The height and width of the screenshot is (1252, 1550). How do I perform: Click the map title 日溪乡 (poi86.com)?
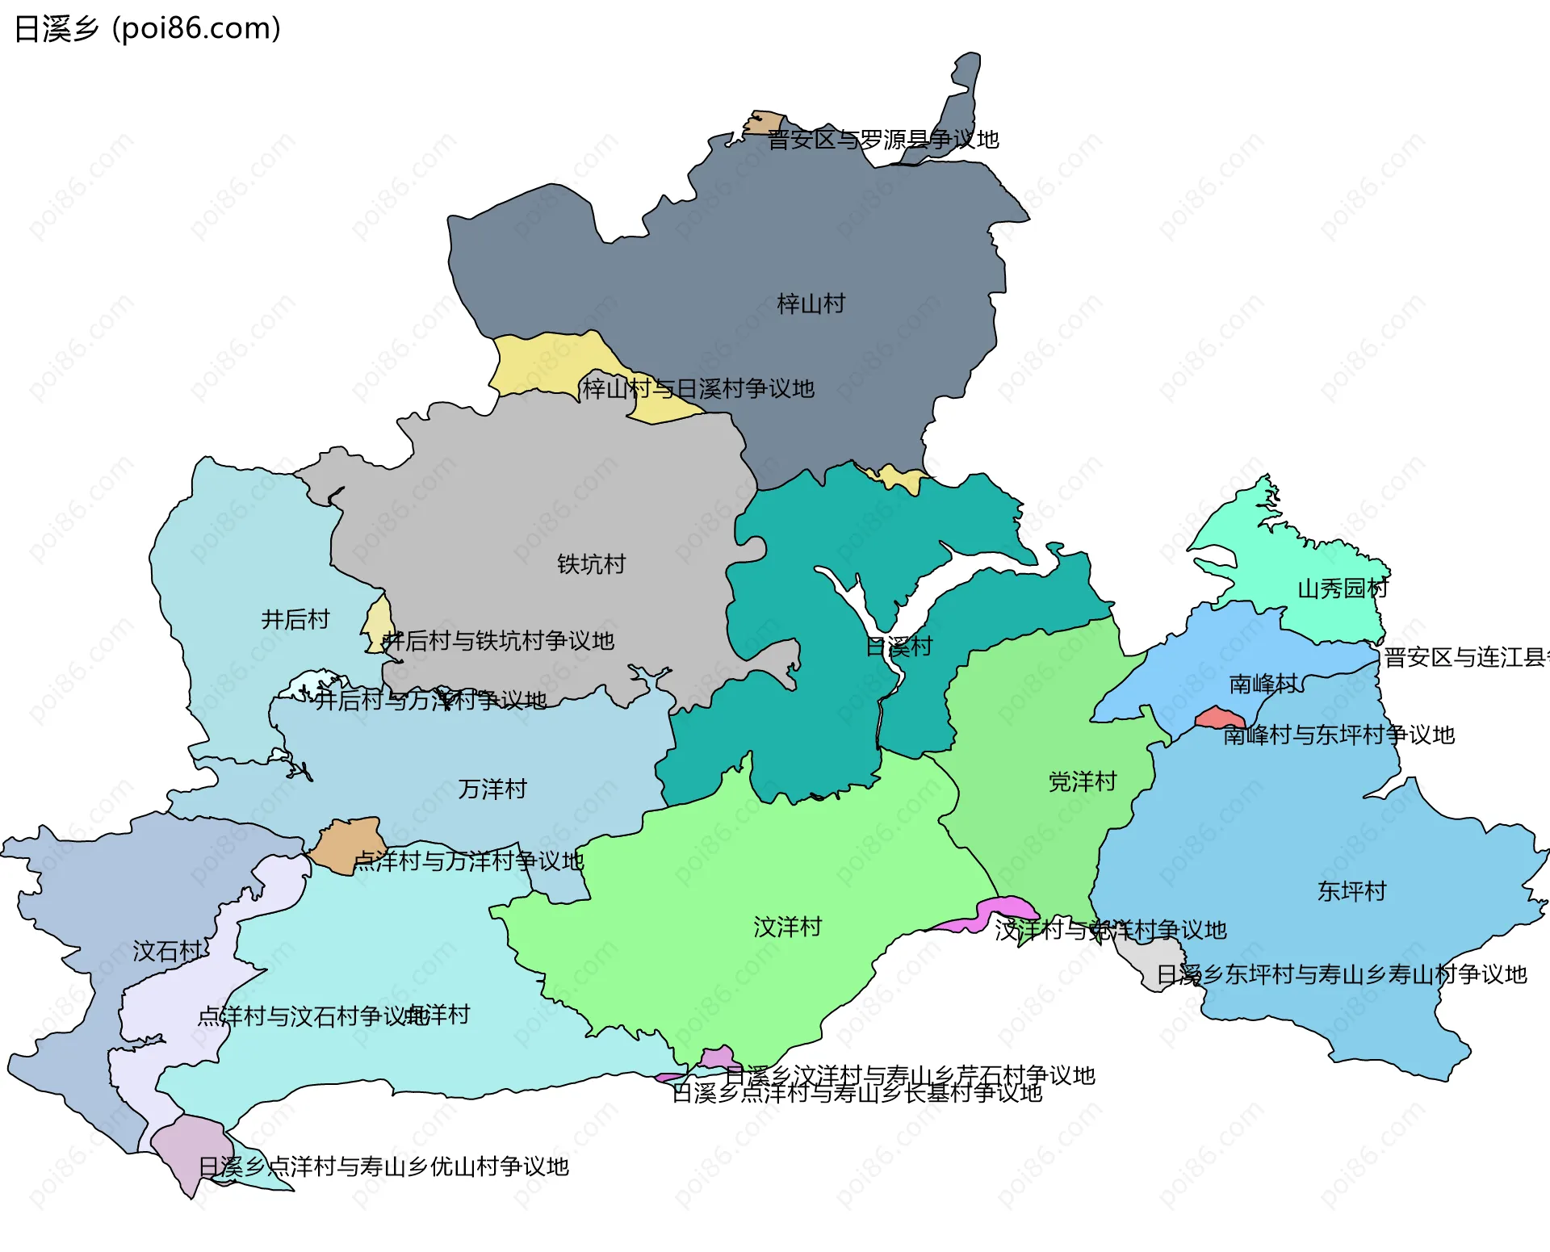click(x=148, y=29)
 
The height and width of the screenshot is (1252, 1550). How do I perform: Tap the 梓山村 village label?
click(x=811, y=304)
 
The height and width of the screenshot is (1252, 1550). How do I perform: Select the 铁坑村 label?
click(x=591, y=564)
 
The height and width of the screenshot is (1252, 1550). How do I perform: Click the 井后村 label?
click(x=295, y=620)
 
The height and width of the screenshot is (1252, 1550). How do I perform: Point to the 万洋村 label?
click(x=492, y=789)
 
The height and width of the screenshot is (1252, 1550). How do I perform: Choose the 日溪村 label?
click(x=899, y=647)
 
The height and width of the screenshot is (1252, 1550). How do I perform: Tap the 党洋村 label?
click(x=1082, y=781)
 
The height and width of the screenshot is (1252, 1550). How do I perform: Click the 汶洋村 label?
click(x=787, y=927)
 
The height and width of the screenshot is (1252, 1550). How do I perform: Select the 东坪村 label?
click(x=1351, y=891)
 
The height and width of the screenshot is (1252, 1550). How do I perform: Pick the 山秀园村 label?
click(x=1343, y=588)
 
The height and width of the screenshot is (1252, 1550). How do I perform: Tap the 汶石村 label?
click(x=167, y=952)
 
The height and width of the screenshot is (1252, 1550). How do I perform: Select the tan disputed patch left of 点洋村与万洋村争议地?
click(x=347, y=844)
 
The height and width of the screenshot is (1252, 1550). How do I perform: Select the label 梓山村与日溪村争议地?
click(x=698, y=389)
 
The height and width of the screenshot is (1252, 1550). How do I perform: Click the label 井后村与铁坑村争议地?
click(x=498, y=641)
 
